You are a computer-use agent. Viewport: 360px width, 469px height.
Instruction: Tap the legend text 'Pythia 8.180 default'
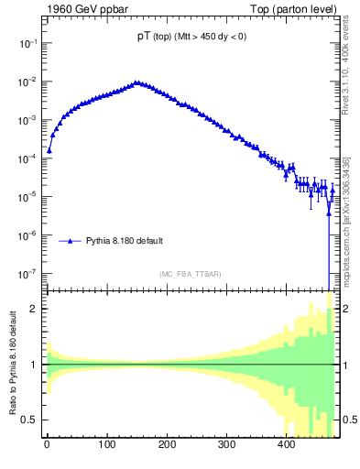click(x=125, y=241)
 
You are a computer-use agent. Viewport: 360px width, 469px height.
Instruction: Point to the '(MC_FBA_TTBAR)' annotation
click(x=190, y=275)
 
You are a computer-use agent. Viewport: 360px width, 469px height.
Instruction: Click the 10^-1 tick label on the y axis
click(x=28, y=43)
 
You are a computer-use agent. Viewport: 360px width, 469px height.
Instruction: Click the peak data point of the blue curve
click(x=136, y=82)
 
